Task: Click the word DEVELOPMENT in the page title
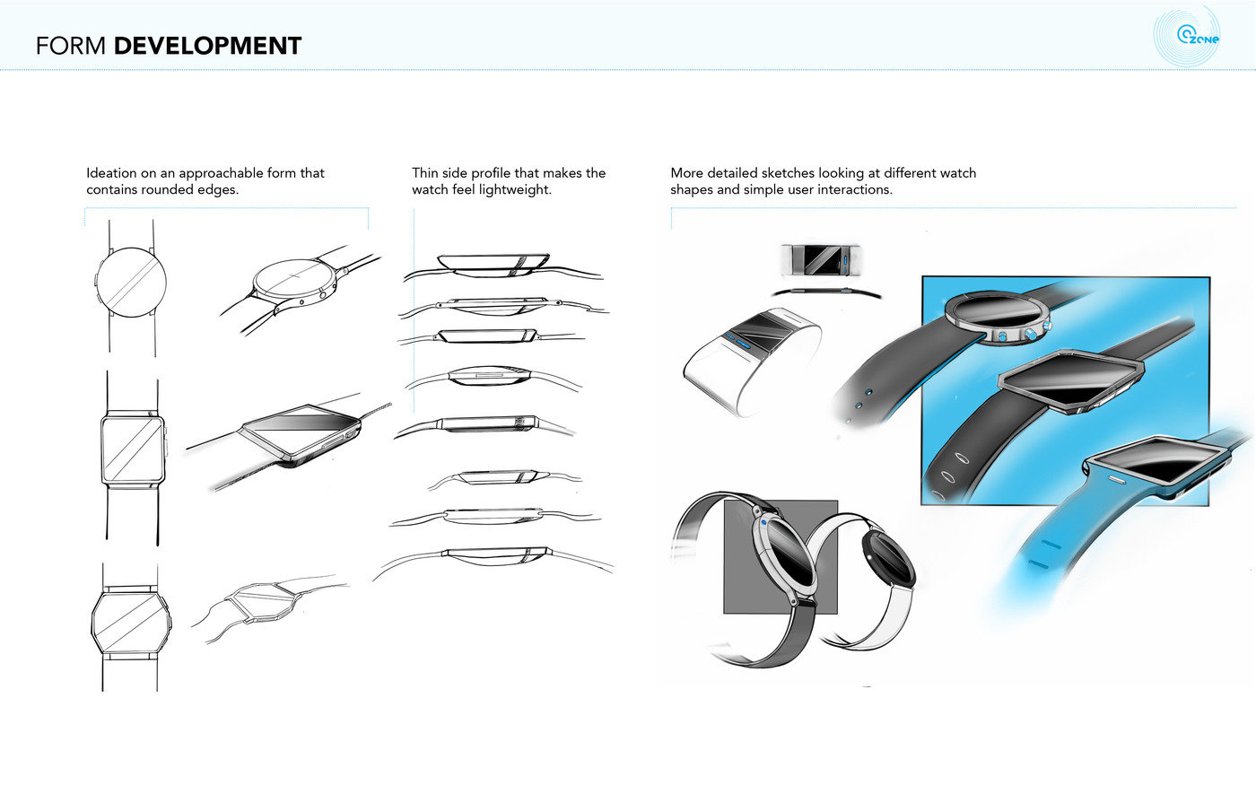208,46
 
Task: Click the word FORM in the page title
72,46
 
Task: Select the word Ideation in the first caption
111,173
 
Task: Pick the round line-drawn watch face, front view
131,280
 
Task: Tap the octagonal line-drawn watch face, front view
131,620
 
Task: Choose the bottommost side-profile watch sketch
494,554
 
